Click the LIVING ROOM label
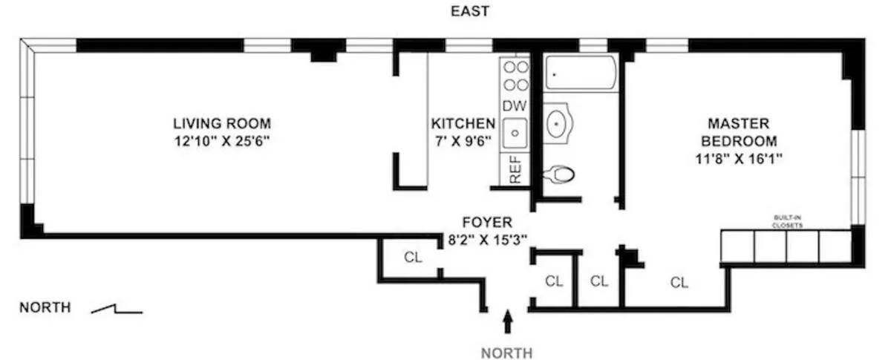coord(221,123)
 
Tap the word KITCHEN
coord(463,123)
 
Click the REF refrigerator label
coord(515,169)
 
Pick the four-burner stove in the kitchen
coord(515,75)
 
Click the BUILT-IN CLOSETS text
coord(787,221)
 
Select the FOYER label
coord(486,222)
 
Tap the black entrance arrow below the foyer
coord(508,321)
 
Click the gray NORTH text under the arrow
coord(507,353)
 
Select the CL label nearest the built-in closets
coord(679,282)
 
